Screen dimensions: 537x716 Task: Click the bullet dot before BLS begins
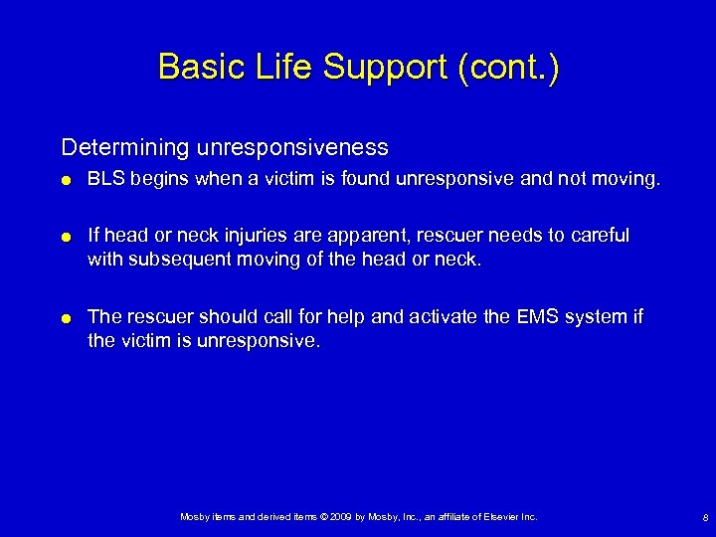[x=67, y=181]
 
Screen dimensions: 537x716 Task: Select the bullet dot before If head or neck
[x=67, y=237]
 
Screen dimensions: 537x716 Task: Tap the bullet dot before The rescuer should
[x=67, y=318]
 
